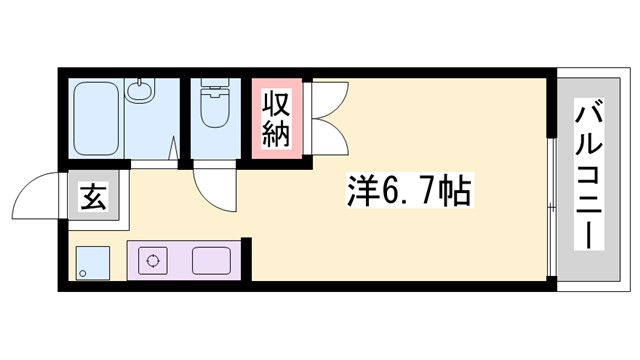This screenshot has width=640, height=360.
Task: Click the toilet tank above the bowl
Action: click(214, 88)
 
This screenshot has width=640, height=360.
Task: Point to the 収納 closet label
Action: click(277, 119)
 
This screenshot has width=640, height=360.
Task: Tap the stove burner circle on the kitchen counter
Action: click(156, 261)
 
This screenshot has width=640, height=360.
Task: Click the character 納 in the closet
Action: click(277, 133)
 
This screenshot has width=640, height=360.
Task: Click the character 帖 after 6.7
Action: click(455, 190)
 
